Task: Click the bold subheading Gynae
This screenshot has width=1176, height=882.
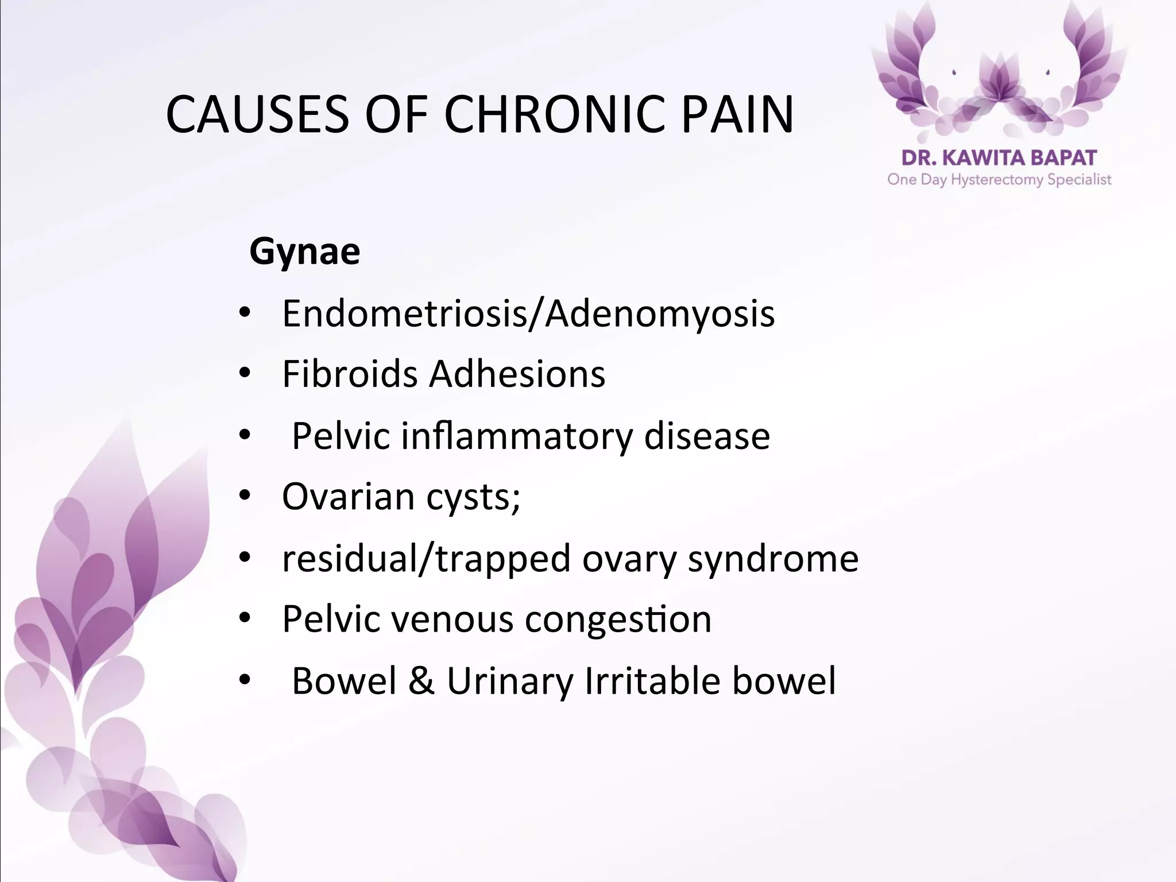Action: [x=305, y=252]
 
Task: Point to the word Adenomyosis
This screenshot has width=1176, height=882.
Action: [x=660, y=314]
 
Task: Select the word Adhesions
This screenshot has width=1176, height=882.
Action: [x=517, y=374]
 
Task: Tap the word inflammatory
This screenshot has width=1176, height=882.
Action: [x=517, y=436]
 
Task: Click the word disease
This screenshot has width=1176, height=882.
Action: [x=707, y=436]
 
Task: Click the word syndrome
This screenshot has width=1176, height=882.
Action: [x=773, y=558]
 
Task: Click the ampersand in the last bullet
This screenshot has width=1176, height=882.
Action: [x=421, y=681]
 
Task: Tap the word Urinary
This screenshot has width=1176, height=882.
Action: [x=510, y=681]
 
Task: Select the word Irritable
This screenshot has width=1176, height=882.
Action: [x=652, y=681]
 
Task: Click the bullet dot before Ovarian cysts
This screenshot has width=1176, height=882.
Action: [x=245, y=497]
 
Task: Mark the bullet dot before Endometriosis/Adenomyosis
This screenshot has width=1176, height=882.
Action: [x=245, y=314]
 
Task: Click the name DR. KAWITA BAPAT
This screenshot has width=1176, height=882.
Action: [x=999, y=158]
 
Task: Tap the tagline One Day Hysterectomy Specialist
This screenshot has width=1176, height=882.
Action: [x=999, y=180]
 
